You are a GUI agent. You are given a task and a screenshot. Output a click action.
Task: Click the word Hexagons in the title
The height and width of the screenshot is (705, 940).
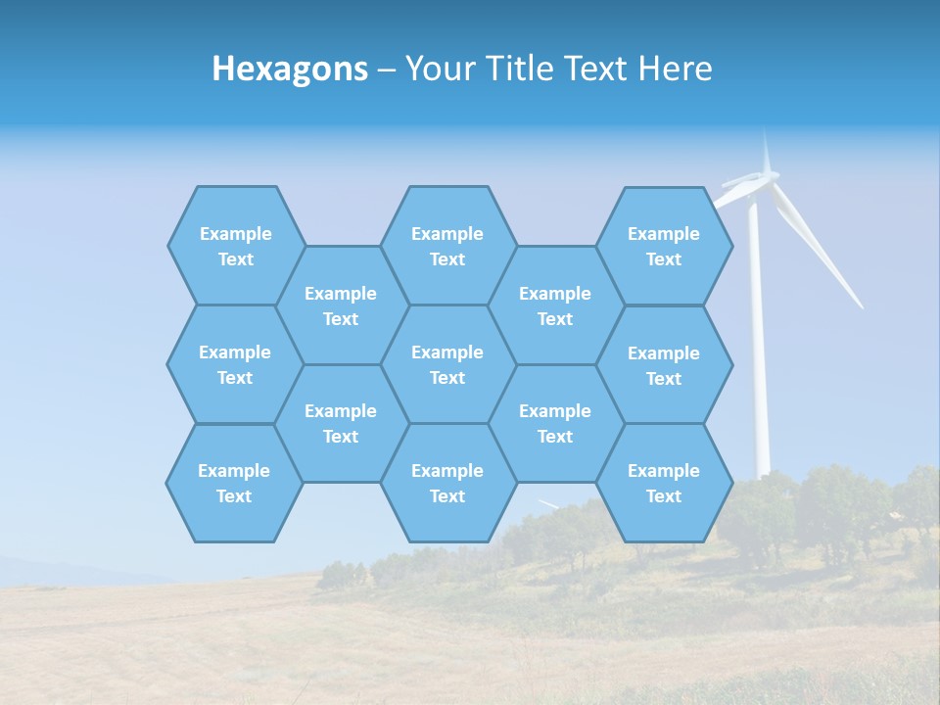click(290, 69)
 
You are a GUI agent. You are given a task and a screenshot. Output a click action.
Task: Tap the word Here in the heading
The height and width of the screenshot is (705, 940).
click(675, 69)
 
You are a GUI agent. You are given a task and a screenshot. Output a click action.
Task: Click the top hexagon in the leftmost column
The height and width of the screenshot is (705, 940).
click(235, 246)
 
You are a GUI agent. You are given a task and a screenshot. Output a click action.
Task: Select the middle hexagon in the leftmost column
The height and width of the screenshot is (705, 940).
click(235, 364)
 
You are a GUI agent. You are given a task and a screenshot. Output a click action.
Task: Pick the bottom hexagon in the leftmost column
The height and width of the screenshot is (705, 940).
click(234, 483)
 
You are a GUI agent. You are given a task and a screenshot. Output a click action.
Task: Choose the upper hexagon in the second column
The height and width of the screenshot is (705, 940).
click(341, 305)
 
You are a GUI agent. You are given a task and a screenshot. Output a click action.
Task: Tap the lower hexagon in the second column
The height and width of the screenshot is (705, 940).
click(341, 423)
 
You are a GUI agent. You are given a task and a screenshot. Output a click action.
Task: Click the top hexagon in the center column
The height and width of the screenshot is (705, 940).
click(447, 246)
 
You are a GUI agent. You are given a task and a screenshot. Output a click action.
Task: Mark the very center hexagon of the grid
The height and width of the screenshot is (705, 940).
click(447, 364)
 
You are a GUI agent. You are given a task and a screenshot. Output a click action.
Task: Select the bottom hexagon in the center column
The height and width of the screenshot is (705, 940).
click(447, 483)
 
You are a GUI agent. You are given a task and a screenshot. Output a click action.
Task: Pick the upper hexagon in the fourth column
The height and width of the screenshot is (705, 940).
click(555, 305)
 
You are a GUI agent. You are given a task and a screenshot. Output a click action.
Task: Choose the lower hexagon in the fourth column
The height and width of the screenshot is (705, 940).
click(555, 423)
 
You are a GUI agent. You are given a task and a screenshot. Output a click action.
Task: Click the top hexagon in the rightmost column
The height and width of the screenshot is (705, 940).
click(664, 246)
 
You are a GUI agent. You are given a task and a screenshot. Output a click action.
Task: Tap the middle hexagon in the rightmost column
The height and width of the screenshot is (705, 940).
click(664, 365)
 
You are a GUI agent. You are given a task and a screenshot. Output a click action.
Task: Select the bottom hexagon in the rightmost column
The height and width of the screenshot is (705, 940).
click(664, 483)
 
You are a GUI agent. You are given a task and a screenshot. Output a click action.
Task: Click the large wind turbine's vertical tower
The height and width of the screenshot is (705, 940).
click(758, 372)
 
